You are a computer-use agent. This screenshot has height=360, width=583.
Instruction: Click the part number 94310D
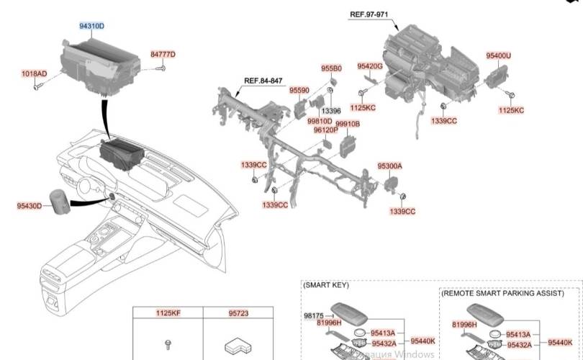(x=91, y=27)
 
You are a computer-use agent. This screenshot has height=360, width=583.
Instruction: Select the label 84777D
(x=163, y=55)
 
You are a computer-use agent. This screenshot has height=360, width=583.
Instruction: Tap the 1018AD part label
(x=34, y=74)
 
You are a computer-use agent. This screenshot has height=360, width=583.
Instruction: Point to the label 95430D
(x=30, y=206)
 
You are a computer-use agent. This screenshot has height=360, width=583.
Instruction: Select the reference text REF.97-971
(x=369, y=14)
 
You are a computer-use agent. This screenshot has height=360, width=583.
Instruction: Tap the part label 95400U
(x=498, y=55)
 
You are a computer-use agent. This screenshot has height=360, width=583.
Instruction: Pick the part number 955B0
(x=331, y=68)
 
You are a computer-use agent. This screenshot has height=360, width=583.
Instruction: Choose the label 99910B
(x=348, y=124)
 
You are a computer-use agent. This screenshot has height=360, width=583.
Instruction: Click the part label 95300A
(x=389, y=166)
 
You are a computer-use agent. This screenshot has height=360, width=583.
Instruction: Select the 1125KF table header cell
(x=168, y=313)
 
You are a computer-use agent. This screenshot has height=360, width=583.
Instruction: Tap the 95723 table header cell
(x=238, y=313)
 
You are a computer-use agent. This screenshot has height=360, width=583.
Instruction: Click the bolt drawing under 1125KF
(x=168, y=343)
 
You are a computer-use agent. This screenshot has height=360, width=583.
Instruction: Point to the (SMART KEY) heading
(x=326, y=285)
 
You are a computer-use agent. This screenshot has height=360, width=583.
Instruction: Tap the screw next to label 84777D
(x=162, y=68)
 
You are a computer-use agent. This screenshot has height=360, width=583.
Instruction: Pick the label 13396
(x=331, y=112)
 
